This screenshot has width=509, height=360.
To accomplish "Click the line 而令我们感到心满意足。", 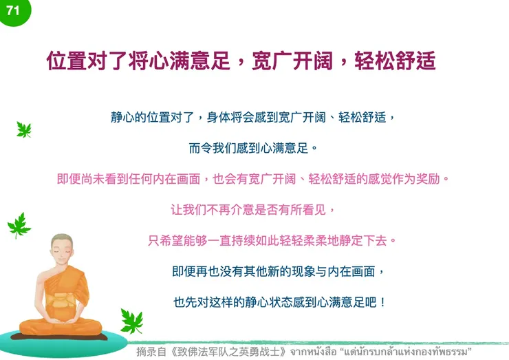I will (x=253, y=147).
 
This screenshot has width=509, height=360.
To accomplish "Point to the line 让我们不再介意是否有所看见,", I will (x=253, y=209).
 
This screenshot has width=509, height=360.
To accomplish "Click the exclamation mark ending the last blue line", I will (x=383, y=302).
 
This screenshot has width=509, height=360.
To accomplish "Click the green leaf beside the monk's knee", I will (x=131, y=321).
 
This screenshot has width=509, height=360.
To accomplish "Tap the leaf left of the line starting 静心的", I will (x=24, y=129).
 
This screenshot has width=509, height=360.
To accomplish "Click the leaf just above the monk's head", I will (x=19, y=224).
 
